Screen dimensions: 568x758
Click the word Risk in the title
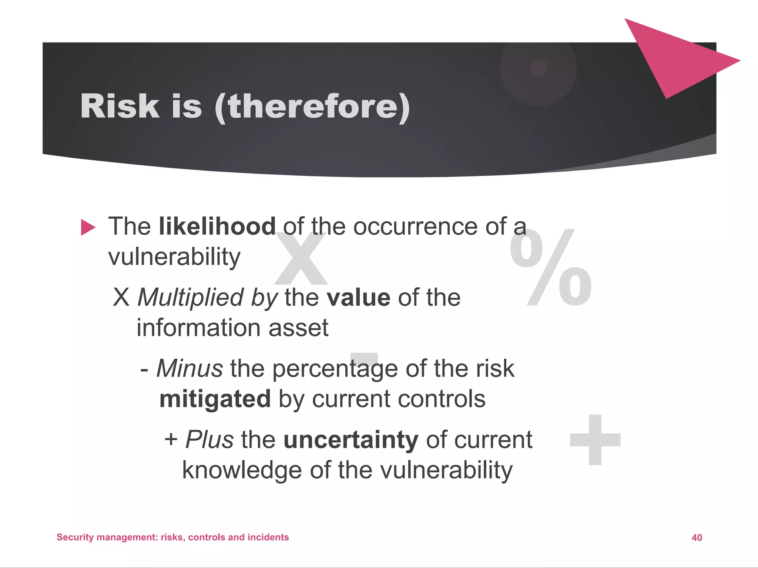tap(120, 106)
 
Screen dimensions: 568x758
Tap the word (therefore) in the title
tap(312, 107)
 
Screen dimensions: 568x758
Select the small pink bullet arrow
tap(88, 227)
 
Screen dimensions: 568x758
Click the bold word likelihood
tap(217, 226)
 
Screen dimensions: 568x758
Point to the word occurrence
tap(415, 226)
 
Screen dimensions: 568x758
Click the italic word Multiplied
tap(191, 297)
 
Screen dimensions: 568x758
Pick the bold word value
tap(358, 297)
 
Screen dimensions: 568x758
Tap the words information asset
tap(232, 328)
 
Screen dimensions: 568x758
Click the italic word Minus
tap(189, 369)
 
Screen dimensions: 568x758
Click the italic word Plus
tap(209, 440)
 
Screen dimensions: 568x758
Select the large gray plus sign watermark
tap(595, 440)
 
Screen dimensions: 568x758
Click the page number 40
tap(697, 538)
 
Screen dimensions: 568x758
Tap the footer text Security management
tap(107, 537)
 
